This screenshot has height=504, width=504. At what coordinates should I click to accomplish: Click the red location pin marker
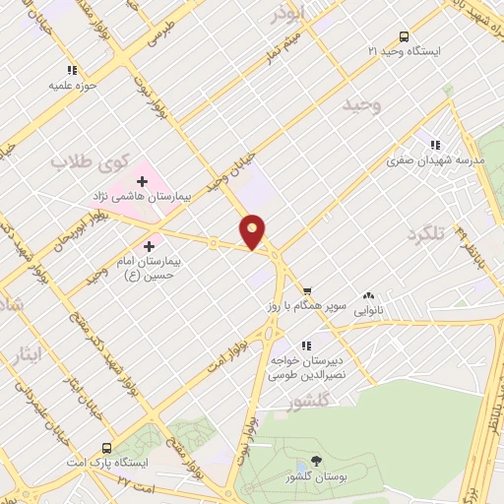coord(253,231)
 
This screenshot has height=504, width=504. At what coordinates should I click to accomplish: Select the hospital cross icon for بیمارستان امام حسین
coord(149,246)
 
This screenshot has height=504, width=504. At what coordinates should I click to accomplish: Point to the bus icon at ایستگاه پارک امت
coord(105,448)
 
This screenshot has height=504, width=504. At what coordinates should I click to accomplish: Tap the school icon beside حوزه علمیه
coord(71,70)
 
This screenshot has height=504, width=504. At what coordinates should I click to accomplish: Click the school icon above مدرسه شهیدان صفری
coord(435,145)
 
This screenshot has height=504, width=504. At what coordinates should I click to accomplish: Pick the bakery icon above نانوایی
coord(369,294)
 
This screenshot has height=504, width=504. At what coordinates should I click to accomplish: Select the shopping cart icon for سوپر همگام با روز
coord(308,291)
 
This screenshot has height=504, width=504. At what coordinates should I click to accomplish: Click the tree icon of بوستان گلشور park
coord(315,461)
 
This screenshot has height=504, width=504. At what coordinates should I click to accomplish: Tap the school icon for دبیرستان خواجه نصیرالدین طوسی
coord(306,346)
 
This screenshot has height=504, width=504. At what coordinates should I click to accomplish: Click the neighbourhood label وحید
coord(362,103)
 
